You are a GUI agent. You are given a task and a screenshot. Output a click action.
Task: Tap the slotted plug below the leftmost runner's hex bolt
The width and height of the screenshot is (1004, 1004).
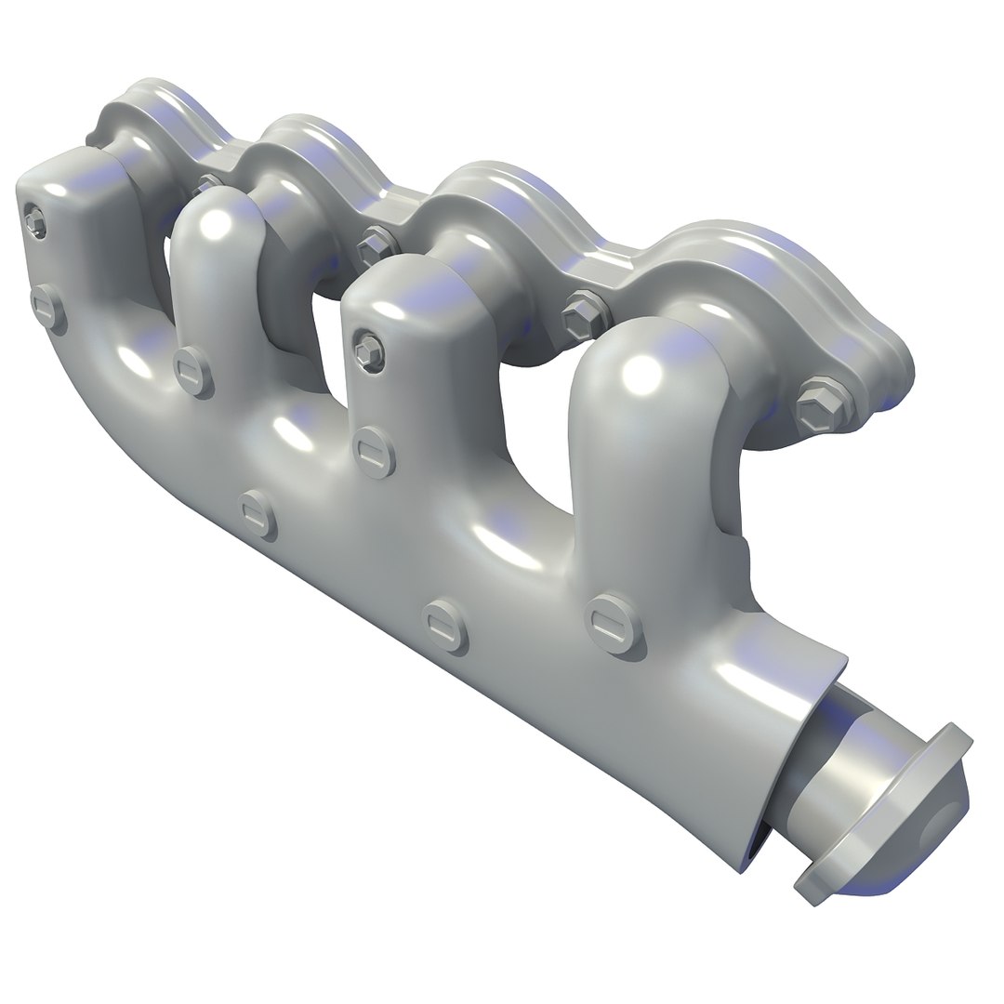(x=48, y=306)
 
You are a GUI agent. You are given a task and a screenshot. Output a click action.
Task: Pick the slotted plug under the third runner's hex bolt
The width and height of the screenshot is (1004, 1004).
(x=374, y=453)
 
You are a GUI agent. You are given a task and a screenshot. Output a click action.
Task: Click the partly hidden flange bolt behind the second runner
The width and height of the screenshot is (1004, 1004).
(x=208, y=181)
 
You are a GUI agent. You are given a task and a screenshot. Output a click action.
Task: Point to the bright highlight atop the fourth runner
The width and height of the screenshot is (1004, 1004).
(x=641, y=372)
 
